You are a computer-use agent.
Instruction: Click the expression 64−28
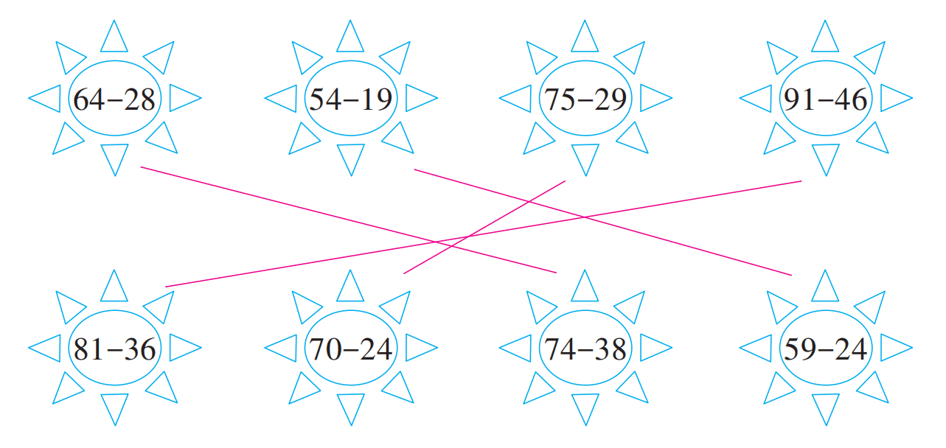point(114,99)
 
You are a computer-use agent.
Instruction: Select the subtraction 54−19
point(350,99)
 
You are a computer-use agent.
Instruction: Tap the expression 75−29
point(585,99)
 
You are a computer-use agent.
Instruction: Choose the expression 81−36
point(114,349)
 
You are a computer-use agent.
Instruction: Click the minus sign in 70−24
point(350,349)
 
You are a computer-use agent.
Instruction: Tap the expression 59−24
point(825,349)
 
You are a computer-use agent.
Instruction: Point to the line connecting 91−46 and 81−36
point(295,265)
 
